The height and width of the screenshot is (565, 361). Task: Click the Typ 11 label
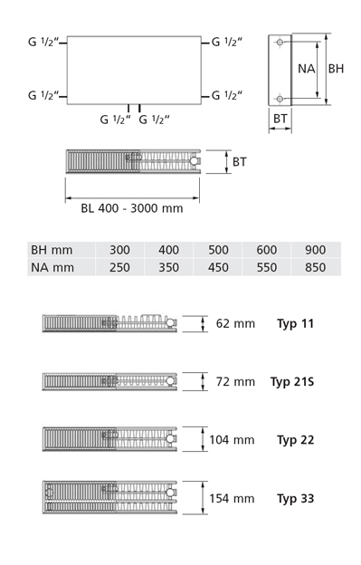point(295,323)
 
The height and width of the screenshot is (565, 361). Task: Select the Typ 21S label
point(292,381)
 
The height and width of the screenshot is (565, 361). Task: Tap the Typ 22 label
point(295,440)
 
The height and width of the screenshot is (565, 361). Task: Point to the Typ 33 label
point(295,498)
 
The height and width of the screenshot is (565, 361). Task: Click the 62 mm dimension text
point(235,323)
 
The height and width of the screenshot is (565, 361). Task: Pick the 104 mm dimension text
point(232,440)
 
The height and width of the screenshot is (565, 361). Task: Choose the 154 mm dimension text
point(232,498)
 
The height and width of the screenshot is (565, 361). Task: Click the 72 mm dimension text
point(235,381)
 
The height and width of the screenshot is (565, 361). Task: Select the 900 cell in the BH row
point(316,250)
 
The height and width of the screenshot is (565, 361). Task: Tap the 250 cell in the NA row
point(119,267)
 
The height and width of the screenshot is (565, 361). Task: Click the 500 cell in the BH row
point(218,250)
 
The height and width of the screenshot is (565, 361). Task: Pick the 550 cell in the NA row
point(267,267)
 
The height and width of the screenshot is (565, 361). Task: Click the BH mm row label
point(52,250)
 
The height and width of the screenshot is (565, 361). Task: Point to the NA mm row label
point(52,267)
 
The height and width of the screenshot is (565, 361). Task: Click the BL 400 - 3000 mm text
point(131,208)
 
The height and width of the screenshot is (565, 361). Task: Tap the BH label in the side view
point(336,69)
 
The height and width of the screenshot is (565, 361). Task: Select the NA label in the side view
point(307,69)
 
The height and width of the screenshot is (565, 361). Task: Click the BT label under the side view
point(280,118)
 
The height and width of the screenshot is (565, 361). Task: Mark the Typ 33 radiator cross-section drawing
point(111,498)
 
